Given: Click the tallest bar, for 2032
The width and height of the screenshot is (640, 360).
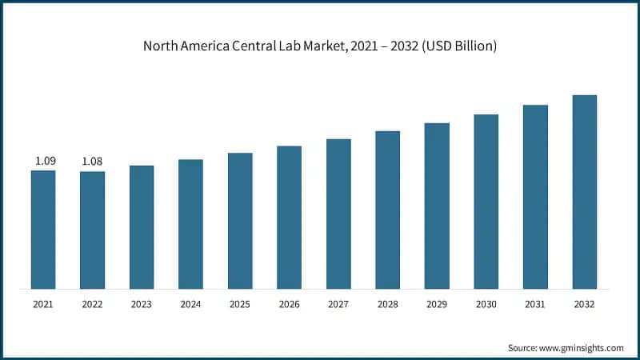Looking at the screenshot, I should tap(585, 191).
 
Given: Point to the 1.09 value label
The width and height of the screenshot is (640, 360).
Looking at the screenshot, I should tap(45, 162).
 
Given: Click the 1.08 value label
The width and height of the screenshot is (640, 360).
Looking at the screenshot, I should tap(93, 162).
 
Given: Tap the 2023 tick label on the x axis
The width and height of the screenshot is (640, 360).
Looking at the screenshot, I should tap(142, 305).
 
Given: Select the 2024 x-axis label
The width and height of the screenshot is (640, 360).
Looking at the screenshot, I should tap(190, 305).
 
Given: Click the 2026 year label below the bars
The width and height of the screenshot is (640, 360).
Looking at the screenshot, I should tap(289, 305).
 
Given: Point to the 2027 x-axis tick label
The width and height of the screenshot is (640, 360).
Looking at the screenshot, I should tap(338, 305).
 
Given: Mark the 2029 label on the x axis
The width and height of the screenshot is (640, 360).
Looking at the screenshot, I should tap(437, 305).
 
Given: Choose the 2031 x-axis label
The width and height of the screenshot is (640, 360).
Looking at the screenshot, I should tap(535, 305).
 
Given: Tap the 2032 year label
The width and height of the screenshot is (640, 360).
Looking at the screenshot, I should tap(585, 305).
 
